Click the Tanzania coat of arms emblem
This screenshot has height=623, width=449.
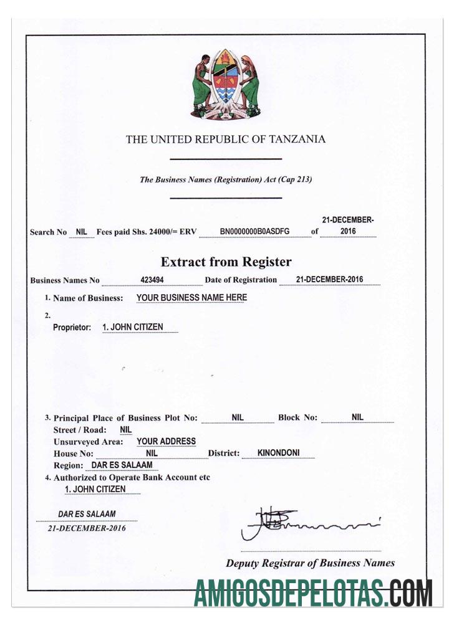point(225,84)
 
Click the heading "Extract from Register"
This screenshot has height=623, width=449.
point(226,262)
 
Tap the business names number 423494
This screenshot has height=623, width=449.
point(152,280)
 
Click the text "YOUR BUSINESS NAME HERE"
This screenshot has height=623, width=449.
point(191,298)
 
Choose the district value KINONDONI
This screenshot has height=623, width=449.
point(279,453)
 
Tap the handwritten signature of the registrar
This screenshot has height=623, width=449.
point(306,523)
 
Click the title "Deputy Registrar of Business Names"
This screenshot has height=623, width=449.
point(310,563)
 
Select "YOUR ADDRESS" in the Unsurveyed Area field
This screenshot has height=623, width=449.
point(166,441)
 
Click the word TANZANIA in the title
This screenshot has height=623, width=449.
point(297,140)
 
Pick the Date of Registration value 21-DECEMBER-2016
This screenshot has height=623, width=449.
point(329,280)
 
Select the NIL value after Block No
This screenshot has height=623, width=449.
point(357,417)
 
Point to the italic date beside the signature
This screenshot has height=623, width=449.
point(87,528)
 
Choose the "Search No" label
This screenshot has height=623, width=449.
point(48,232)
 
